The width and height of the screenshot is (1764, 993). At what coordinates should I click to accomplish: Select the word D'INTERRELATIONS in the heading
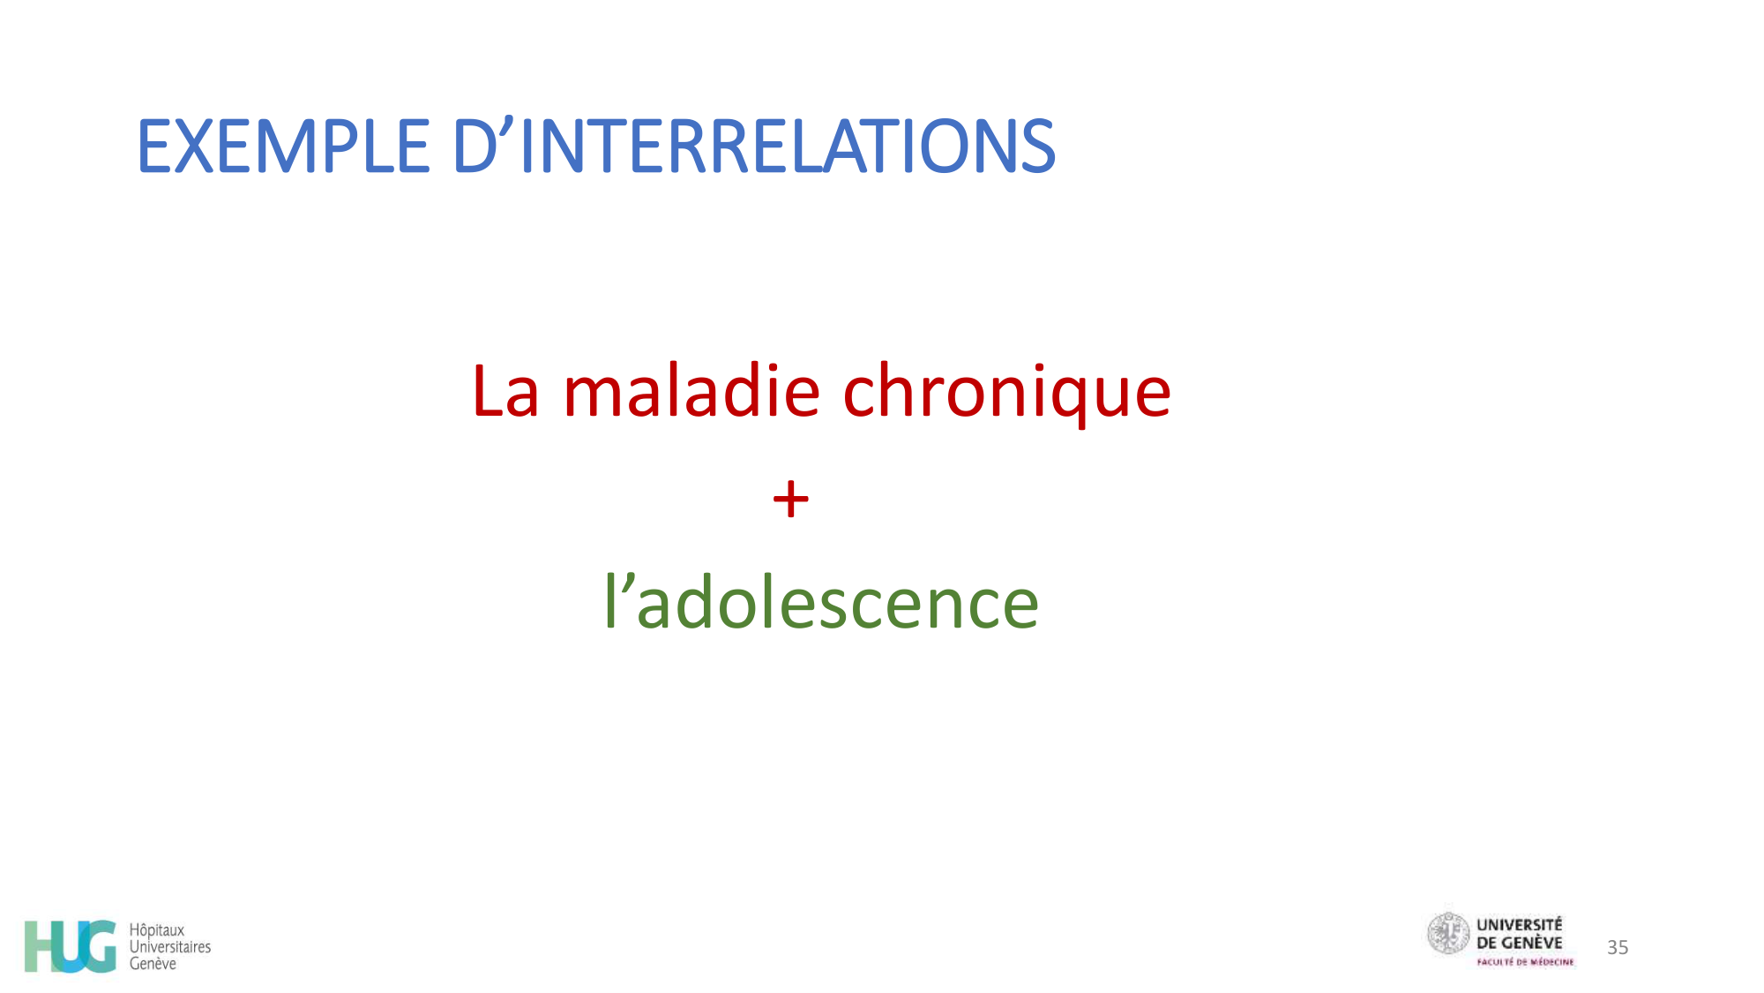pos(753,147)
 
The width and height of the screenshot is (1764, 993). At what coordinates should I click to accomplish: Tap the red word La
pos(505,392)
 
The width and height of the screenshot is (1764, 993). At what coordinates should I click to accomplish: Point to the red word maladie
pos(691,392)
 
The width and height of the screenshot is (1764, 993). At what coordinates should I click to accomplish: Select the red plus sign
pos(790,500)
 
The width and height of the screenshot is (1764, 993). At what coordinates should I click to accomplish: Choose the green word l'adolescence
pos(821,603)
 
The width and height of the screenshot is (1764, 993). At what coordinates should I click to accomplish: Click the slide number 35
pos(1618,947)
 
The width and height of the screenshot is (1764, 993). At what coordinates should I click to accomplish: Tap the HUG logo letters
pos(71,946)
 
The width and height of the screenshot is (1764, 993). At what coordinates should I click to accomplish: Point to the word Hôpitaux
pos(157,930)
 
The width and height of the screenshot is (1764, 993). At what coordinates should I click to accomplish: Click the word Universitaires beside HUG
pos(170,947)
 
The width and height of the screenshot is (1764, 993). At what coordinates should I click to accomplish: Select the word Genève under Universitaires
pos(153,964)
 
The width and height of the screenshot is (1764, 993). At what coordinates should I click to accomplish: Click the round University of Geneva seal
pos(1448,934)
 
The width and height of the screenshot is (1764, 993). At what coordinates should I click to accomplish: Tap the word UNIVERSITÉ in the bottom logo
pos(1519,925)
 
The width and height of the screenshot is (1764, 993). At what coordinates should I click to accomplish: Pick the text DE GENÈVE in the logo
pos(1519,943)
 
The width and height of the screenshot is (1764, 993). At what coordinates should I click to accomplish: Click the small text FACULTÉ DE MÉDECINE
pos(1525,962)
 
